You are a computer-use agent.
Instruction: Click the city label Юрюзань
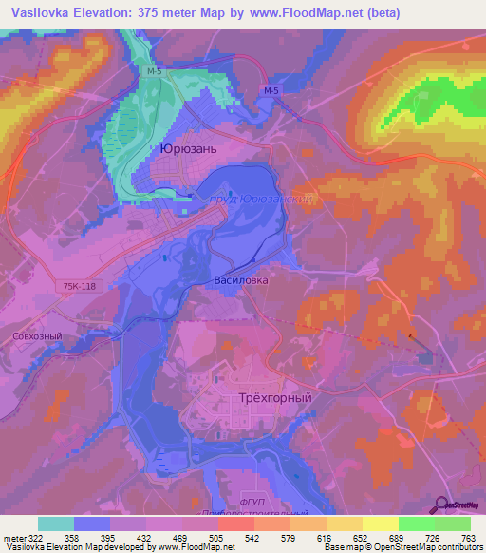click(189, 150)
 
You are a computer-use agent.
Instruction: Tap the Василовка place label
click(241, 281)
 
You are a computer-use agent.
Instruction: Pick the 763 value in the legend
click(469, 537)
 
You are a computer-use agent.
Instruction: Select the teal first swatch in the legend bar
click(56, 524)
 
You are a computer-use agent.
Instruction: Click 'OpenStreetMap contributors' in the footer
click(430, 547)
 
